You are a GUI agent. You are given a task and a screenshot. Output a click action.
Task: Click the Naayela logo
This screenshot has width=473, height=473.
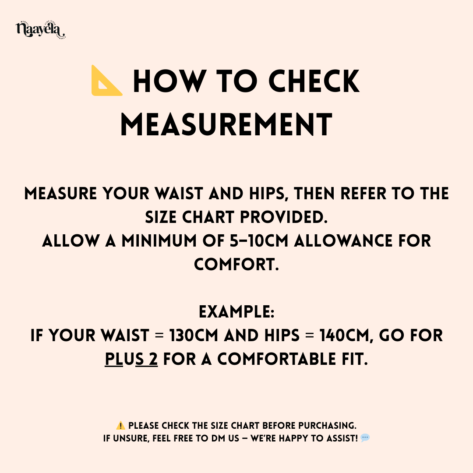pos(40,30)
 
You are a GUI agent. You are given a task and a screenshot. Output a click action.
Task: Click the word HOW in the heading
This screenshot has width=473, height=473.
pos(169,81)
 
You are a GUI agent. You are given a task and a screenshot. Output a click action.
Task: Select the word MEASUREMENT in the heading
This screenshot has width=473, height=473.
pos(226,124)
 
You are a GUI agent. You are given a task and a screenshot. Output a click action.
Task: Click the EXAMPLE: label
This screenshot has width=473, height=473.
pos(236,312)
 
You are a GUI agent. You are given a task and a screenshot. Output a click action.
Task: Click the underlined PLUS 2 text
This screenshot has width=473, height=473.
pos(131,360)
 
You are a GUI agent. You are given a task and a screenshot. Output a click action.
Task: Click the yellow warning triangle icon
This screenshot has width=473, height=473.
pos(120,426)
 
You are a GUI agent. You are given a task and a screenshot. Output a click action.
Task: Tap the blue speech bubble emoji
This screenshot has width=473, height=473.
pos(365,438)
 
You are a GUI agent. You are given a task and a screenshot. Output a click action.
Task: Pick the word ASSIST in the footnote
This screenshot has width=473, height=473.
pos(339,438)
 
